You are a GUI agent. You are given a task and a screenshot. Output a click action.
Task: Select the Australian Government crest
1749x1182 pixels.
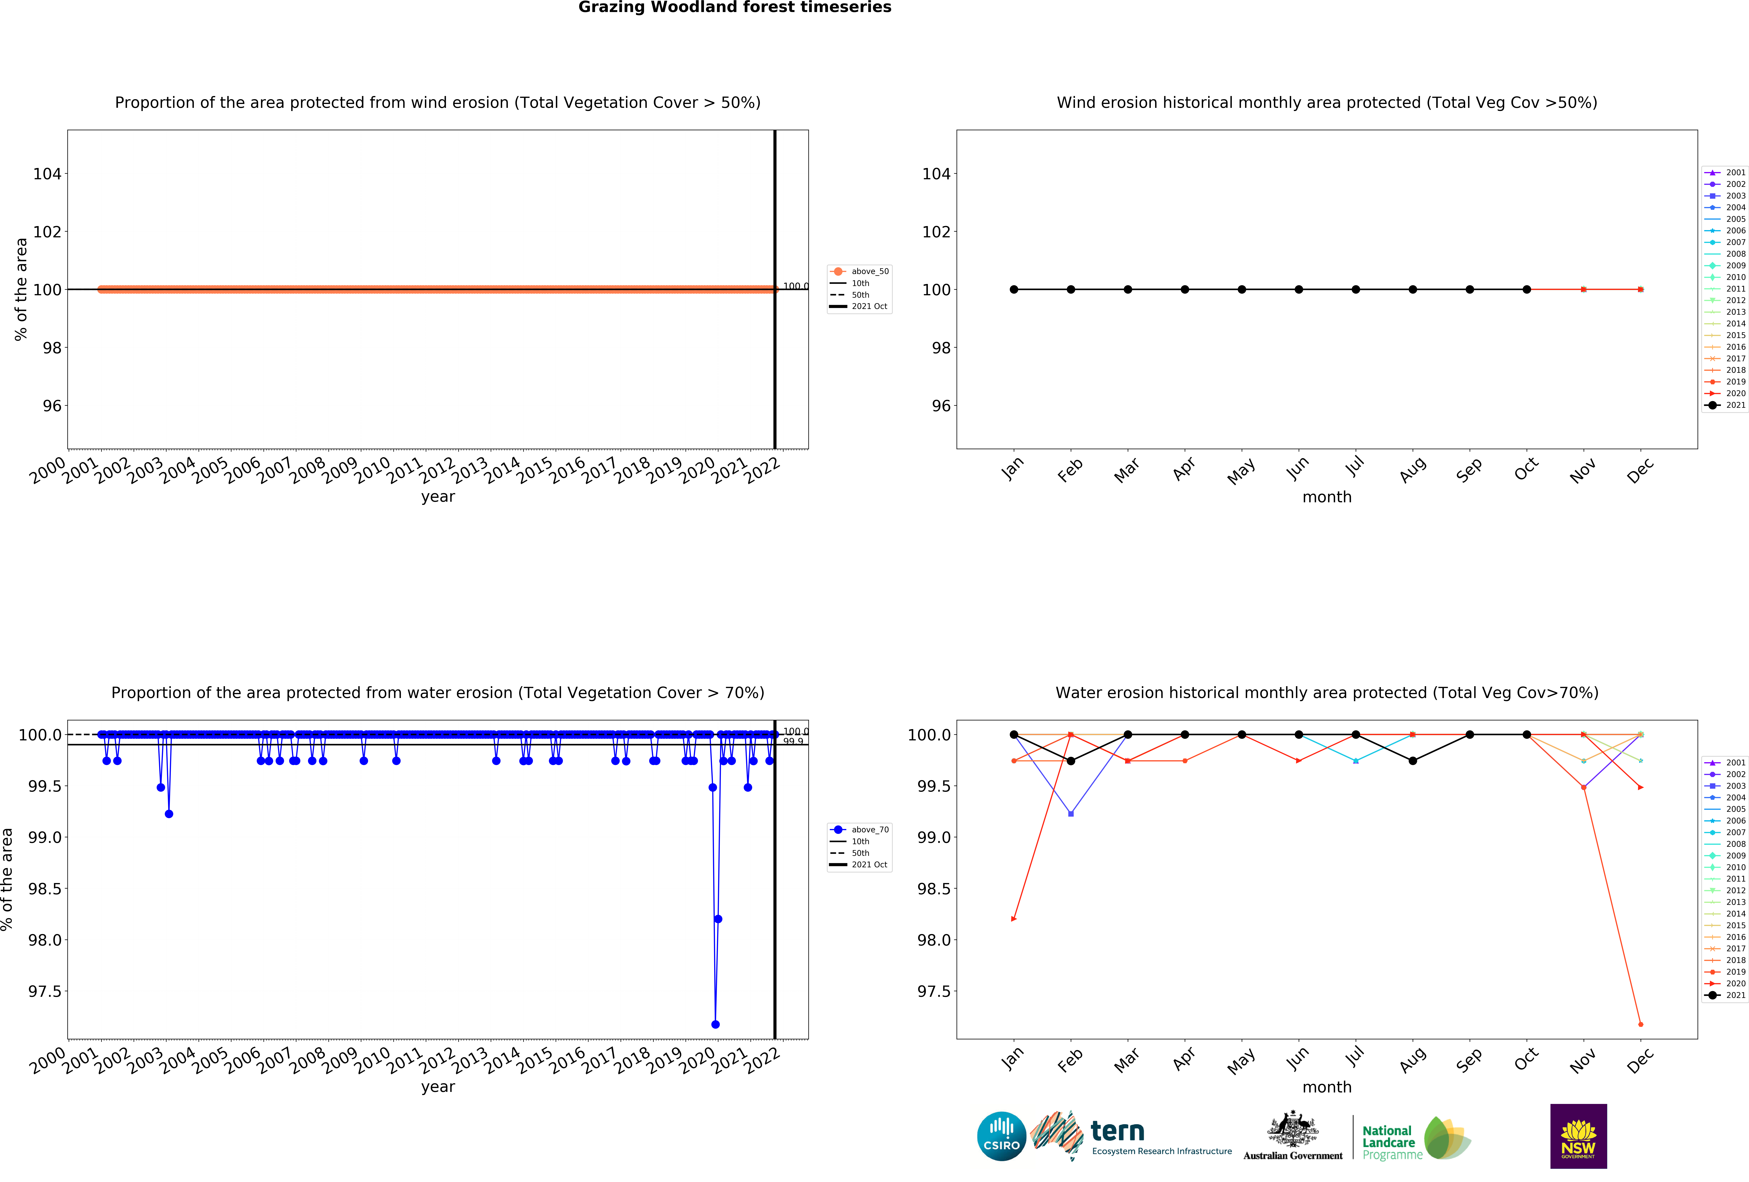point(1292,1129)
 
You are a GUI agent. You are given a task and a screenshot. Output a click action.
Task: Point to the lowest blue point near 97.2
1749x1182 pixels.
point(715,1024)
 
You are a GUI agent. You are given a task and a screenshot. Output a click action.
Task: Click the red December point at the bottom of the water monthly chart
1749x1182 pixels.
point(1641,1024)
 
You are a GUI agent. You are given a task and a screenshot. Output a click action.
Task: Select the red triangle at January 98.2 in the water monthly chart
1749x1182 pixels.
point(1014,919)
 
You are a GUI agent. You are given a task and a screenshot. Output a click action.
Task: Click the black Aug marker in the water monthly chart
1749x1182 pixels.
point(1413,761)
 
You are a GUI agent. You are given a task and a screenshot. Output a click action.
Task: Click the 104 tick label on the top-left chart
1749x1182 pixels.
point(47,174)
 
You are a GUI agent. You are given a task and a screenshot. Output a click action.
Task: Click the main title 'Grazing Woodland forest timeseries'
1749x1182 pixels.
point(735,8)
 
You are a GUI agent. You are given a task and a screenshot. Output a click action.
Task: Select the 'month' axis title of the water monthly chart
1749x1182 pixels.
point(1327,1087)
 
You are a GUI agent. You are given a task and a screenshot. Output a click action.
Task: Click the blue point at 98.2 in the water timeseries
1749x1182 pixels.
point(718,919)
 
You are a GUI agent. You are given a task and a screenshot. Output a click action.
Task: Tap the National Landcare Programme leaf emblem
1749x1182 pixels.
point(1446,1138)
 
